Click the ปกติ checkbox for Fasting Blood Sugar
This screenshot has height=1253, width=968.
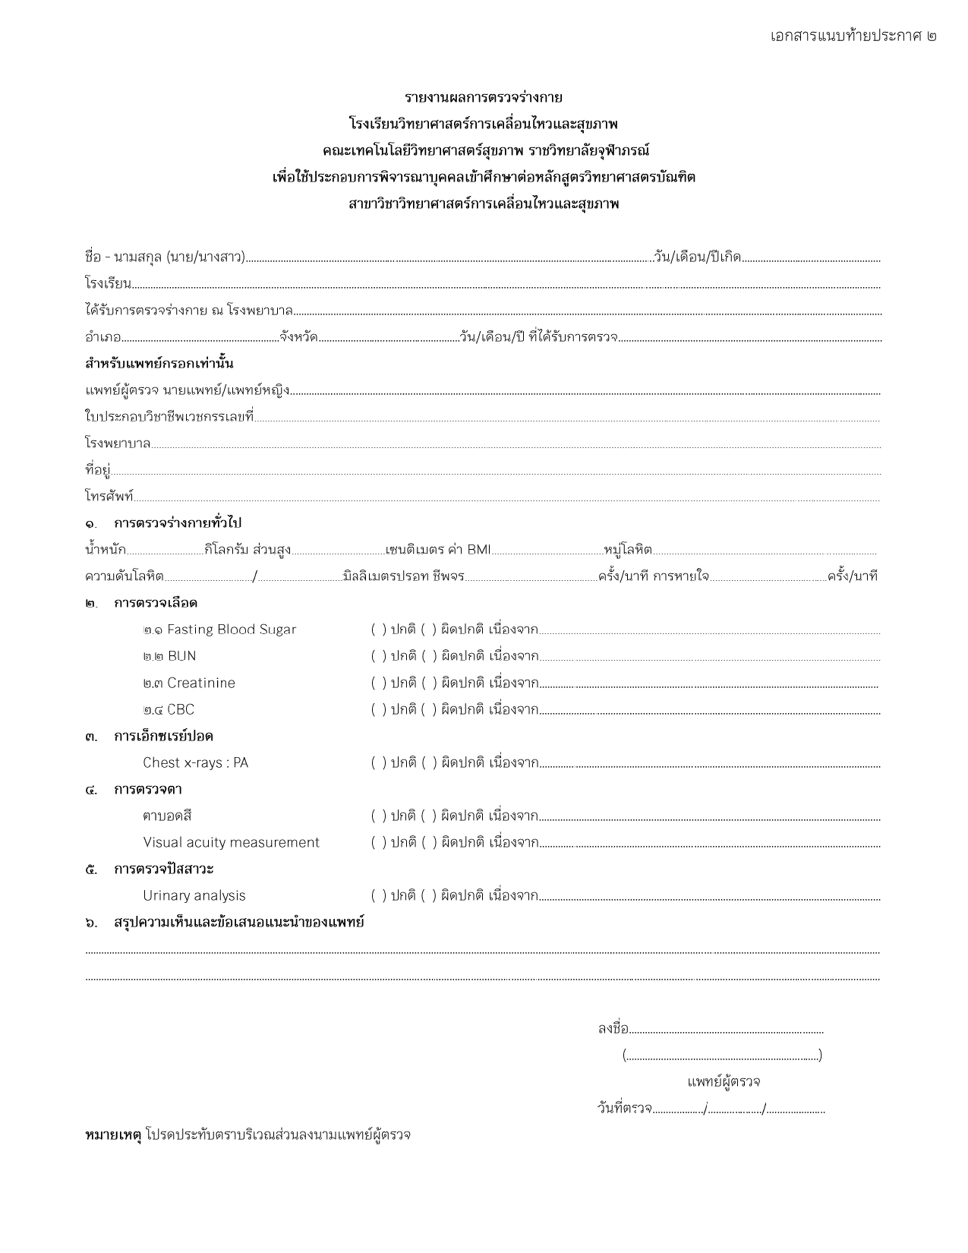[x=378, y=630]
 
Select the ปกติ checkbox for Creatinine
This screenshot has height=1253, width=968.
[x=378, y=683]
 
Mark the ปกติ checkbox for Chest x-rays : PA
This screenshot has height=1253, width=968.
[x=378, y=762]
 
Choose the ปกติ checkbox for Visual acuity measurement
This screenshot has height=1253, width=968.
[x=378, y=842]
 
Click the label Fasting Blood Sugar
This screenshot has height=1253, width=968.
[x=231, y=630]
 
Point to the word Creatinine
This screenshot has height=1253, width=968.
[x=200, y=683]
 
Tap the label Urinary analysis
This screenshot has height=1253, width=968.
[x=194, y=895]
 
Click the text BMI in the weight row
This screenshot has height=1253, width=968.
[x=479, y=550]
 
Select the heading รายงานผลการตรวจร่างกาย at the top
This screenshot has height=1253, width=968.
[x=484, y=97]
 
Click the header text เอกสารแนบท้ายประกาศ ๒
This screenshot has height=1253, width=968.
[x=853, y=36]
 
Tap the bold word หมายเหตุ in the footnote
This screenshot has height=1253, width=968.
[x=113, y=1135]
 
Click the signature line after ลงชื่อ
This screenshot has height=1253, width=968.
[x=727, y=1030]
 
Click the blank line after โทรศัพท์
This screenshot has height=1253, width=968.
[x=507, y=498]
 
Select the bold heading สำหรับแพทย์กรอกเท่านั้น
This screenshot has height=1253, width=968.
[x=159, y=364]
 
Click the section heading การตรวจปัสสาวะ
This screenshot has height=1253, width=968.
[x=163, y=869]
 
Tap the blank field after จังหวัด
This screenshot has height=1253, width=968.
[x=387, y=338]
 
